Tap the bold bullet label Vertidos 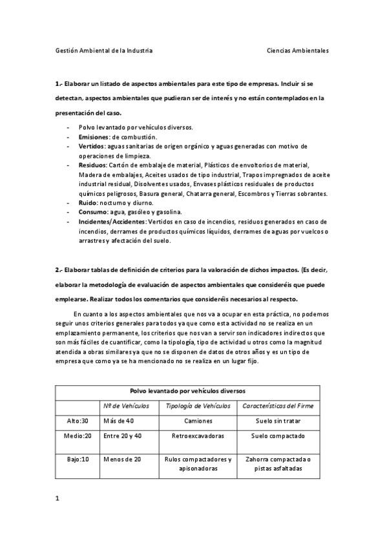tap(92, 147)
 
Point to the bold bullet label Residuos tap(93, 165)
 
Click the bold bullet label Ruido tap(88, 203)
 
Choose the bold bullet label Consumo tap(93, 213)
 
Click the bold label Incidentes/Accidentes tap(112, 222)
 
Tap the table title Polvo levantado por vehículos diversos tap(187, 391)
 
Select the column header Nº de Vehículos tap(126, 405)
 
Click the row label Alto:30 tap(78, 420)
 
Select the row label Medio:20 tap(78, 436)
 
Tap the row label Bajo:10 tap(78, 459)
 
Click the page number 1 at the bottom tap(58, 498)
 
